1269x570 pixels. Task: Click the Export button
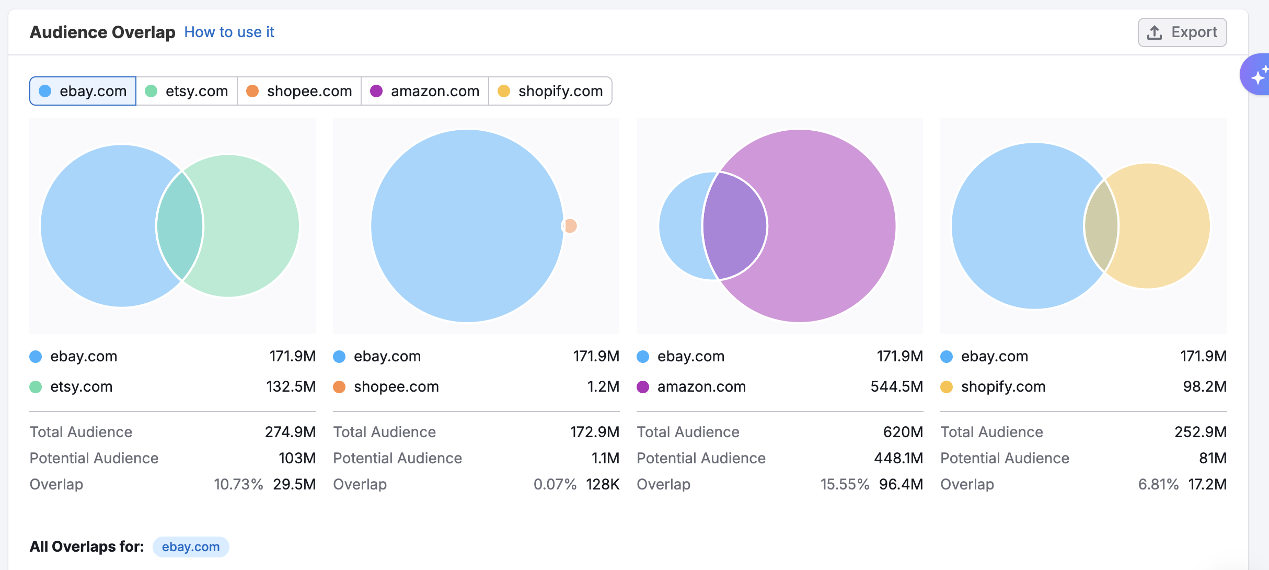[x=1182, y=32]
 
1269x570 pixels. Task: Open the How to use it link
[x=229, y=32]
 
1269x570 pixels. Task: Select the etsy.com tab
[x=187, y=91]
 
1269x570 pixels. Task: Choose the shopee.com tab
[x=299, y=91]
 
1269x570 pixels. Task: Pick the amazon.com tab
[x=424, y=91]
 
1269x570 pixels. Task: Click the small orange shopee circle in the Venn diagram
[x=571, y=226]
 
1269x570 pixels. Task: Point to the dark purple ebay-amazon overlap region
[x=734, y=226]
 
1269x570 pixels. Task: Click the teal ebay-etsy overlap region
[x=180, y=226]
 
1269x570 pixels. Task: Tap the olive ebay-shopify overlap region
[x=1101, y=226]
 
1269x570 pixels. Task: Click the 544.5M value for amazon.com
[x=896, y=386]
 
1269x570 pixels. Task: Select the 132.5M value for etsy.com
[x=291, y=386]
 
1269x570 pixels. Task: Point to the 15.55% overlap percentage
[x=845, y=484]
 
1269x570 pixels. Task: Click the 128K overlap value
[x=603, y=484]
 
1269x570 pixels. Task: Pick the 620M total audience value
[x=903, y=432]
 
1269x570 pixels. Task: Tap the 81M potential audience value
[x=1213, y=458]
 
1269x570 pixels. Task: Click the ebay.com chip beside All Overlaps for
[x=191, y=547]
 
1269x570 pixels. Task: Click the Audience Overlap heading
[x=102, y=32]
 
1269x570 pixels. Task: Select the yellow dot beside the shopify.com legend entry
[x=946, y=387]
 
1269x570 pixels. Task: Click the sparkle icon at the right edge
[x=1259, y=75]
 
